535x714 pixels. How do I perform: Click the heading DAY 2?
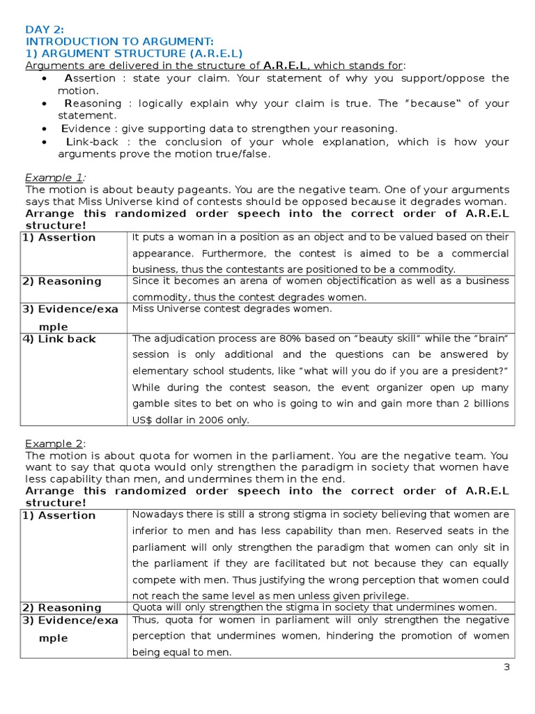(x=45, y=29)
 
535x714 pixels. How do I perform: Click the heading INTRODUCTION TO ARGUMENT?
(x=120, y=41)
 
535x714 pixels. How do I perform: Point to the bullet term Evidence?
(x=86, y=128)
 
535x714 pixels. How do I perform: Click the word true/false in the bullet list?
(x=245, y=153)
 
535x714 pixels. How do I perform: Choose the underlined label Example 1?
(x=55, y=177)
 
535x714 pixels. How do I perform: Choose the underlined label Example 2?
(x=55, y=443)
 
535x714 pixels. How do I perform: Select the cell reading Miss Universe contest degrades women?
(x=232, y=308)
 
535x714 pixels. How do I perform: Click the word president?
(x=483, y=371)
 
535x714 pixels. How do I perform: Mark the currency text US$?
(x=143, y=419)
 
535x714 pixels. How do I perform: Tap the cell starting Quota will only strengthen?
(x=314, y=607)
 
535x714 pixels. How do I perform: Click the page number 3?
(x=507, y=667)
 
